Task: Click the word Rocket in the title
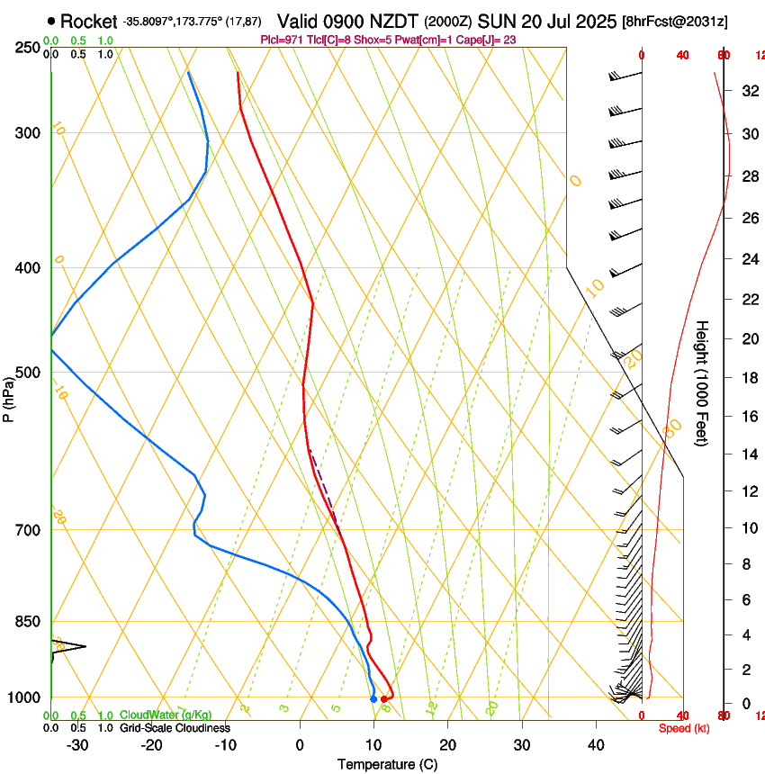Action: (x=89, y=20)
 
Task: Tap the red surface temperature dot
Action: (x=384, y=698)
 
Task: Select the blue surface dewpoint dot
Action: (x=373, y=698)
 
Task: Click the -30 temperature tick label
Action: (x=77, y=744)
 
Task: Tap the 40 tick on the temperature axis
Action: (x=596, y=744)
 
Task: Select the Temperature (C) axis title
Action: (x=387, y=764)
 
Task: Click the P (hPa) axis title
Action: (x=8, y=397)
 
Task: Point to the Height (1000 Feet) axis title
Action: (x=703, y=382)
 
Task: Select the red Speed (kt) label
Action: (x=684, y=727)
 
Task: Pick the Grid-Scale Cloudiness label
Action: (x=175, y=727)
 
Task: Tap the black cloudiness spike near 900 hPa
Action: (x=72, y=645)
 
